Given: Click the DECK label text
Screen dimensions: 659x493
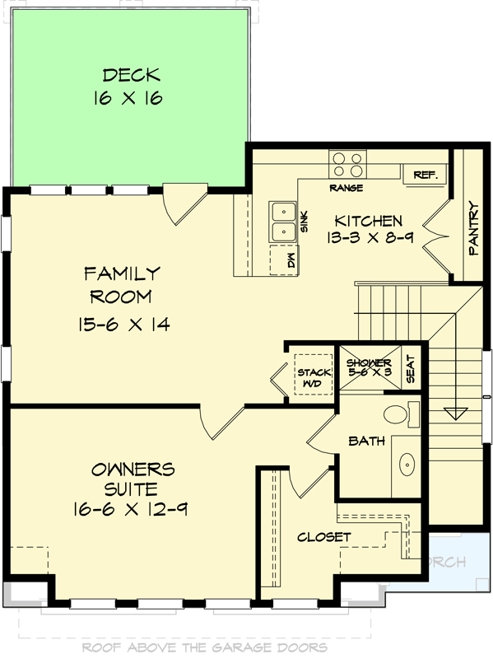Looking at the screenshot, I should pyautogui.click(x=127, y=76).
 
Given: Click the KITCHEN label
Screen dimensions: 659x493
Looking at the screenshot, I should pyautogui.click(x=368, y=221).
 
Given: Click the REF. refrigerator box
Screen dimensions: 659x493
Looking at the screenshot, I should pyautogui.click(x=425, y=175).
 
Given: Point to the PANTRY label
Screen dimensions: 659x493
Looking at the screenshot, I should pyautogui.click(x=473, y=228).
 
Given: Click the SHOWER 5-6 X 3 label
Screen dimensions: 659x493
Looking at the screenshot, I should pyautogui.click(x=368, y=367).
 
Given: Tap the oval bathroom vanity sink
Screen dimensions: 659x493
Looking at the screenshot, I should pyautogui.click(x=406, y=465).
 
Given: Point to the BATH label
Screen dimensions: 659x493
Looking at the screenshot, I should pyautogui.click(x=367, y=441).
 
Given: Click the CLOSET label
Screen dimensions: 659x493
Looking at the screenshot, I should pyautogui.click(x=324, y=537).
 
